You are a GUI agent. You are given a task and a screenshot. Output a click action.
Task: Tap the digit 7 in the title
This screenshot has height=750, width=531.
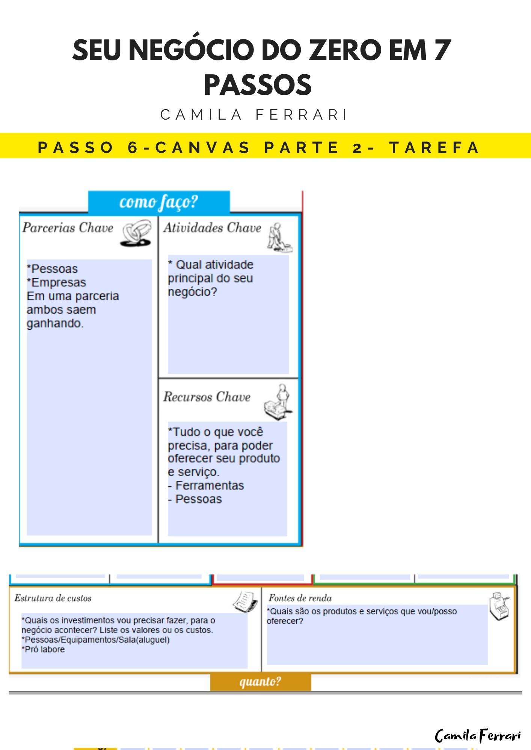[x=442, y=51]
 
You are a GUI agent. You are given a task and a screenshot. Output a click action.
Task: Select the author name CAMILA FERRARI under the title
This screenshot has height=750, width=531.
[x=254, y=115]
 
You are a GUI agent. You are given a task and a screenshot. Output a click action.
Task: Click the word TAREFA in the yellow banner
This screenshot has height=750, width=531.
[x=434, y=147]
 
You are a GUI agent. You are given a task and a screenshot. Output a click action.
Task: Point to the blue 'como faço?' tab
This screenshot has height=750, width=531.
[x=159, y=202]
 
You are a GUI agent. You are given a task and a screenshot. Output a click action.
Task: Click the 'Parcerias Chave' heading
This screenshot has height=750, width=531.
[x=68, y=228]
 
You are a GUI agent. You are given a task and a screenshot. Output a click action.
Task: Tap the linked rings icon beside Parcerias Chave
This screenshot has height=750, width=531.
[x=136, y=233]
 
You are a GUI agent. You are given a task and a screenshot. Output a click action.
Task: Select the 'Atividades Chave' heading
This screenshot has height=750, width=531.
[x=212, y=228]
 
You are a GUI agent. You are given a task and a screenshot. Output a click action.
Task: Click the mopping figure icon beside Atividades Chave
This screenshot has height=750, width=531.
[x=279, y=237]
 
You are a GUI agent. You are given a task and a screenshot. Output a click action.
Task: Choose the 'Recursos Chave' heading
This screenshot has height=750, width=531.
[x=207, y=397]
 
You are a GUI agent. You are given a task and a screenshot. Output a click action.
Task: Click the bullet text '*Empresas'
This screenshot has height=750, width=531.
[x=56, y=282]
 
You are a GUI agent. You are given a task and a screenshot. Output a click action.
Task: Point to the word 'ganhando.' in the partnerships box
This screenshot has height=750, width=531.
[x=55, y=323]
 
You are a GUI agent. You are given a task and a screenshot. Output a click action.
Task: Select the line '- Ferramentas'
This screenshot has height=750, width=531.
[x=206, y=486]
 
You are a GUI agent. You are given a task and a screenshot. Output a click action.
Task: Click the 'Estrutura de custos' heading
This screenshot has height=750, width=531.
[x=53, y=598]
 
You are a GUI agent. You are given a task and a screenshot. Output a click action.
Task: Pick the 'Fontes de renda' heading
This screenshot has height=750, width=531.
[x=300, y=598]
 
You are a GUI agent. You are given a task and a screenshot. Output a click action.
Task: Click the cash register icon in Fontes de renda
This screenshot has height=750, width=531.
[x=499, y=606]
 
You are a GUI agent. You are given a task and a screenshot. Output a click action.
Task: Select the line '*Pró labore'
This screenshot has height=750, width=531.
[x=43, y=649]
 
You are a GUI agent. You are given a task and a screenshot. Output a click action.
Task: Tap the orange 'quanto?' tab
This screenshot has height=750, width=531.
[x=260, y=681]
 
